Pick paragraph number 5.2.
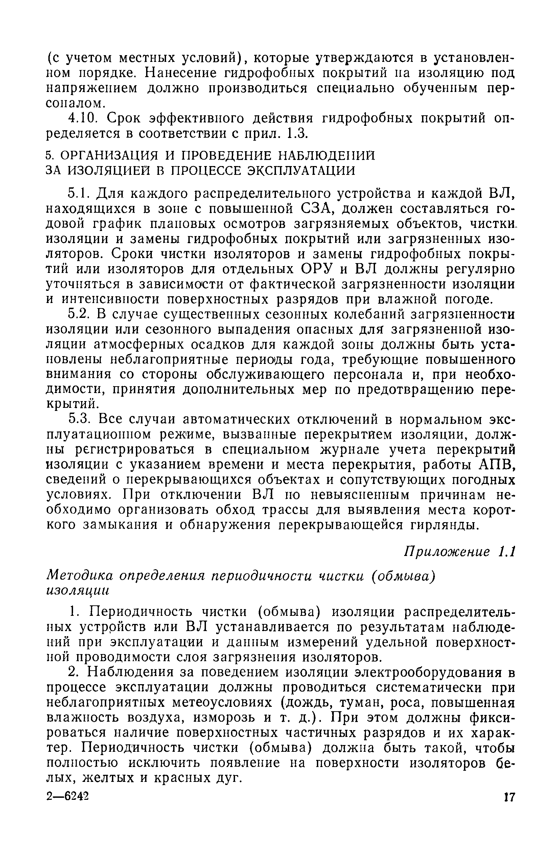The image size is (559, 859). click(x=79, y=315)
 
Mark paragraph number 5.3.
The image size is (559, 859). click(x=79, y=420)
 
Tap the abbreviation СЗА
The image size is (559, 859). click(x=318, y=209)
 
